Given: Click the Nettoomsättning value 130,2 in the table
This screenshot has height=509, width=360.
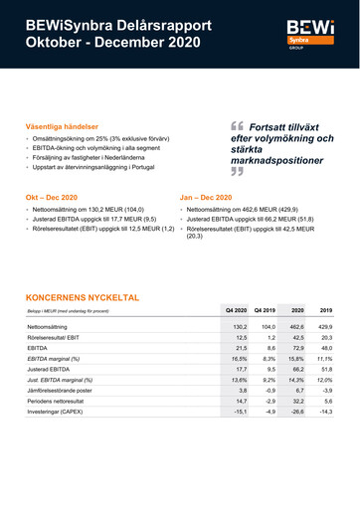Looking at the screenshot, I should point(239,327).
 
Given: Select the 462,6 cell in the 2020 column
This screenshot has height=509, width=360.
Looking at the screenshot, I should point(296,327).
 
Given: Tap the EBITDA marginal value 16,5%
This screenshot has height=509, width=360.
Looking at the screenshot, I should point(239,358).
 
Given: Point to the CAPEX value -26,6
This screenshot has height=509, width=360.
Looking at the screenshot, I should point(297,410).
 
